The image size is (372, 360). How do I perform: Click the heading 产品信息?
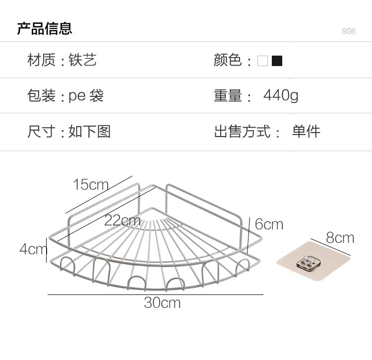coord(45,28)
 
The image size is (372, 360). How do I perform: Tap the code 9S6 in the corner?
coord(349,31)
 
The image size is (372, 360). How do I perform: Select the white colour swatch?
coord(262,61)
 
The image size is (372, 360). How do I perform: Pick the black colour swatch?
coord(277,61)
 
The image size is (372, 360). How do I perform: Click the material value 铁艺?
coord(82,61)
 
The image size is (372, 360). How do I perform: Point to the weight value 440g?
coord(280,95)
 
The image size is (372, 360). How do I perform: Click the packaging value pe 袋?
coord(86,95)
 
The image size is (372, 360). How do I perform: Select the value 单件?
coord(306,132)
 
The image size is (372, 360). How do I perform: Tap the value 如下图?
coord(89,132)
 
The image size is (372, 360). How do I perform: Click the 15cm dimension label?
coord(90,185)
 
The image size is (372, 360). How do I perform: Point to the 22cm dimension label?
coord(122,220)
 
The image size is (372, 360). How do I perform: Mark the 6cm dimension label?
coord(269,224)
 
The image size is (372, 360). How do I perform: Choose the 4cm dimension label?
coord(32,248)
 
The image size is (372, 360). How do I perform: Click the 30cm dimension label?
coord(162,302)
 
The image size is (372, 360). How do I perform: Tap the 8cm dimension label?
coord(340,238)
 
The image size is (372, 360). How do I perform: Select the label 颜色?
coord(228,61)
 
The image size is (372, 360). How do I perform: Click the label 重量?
coord(228,95)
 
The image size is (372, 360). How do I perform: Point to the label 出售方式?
coord(243,132)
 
